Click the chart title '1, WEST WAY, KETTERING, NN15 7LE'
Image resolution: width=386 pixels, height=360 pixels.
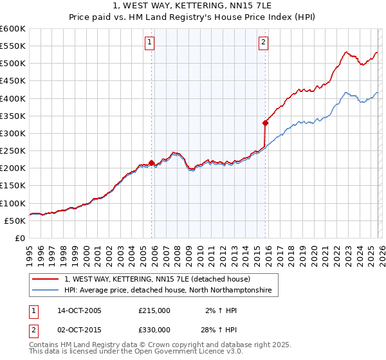(x=193, y=6)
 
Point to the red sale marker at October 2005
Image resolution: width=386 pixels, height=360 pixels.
(x=151, y=163)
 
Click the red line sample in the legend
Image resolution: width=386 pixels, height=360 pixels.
(x=45, y=279)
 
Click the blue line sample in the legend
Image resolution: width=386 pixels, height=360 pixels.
(x=45, y=291)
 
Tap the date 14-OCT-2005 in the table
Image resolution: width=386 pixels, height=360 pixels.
(x=79, y=310)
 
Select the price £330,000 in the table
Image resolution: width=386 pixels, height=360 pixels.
(x=154, y=329)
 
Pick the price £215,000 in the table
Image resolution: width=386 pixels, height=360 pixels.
(x=154, y=310)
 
